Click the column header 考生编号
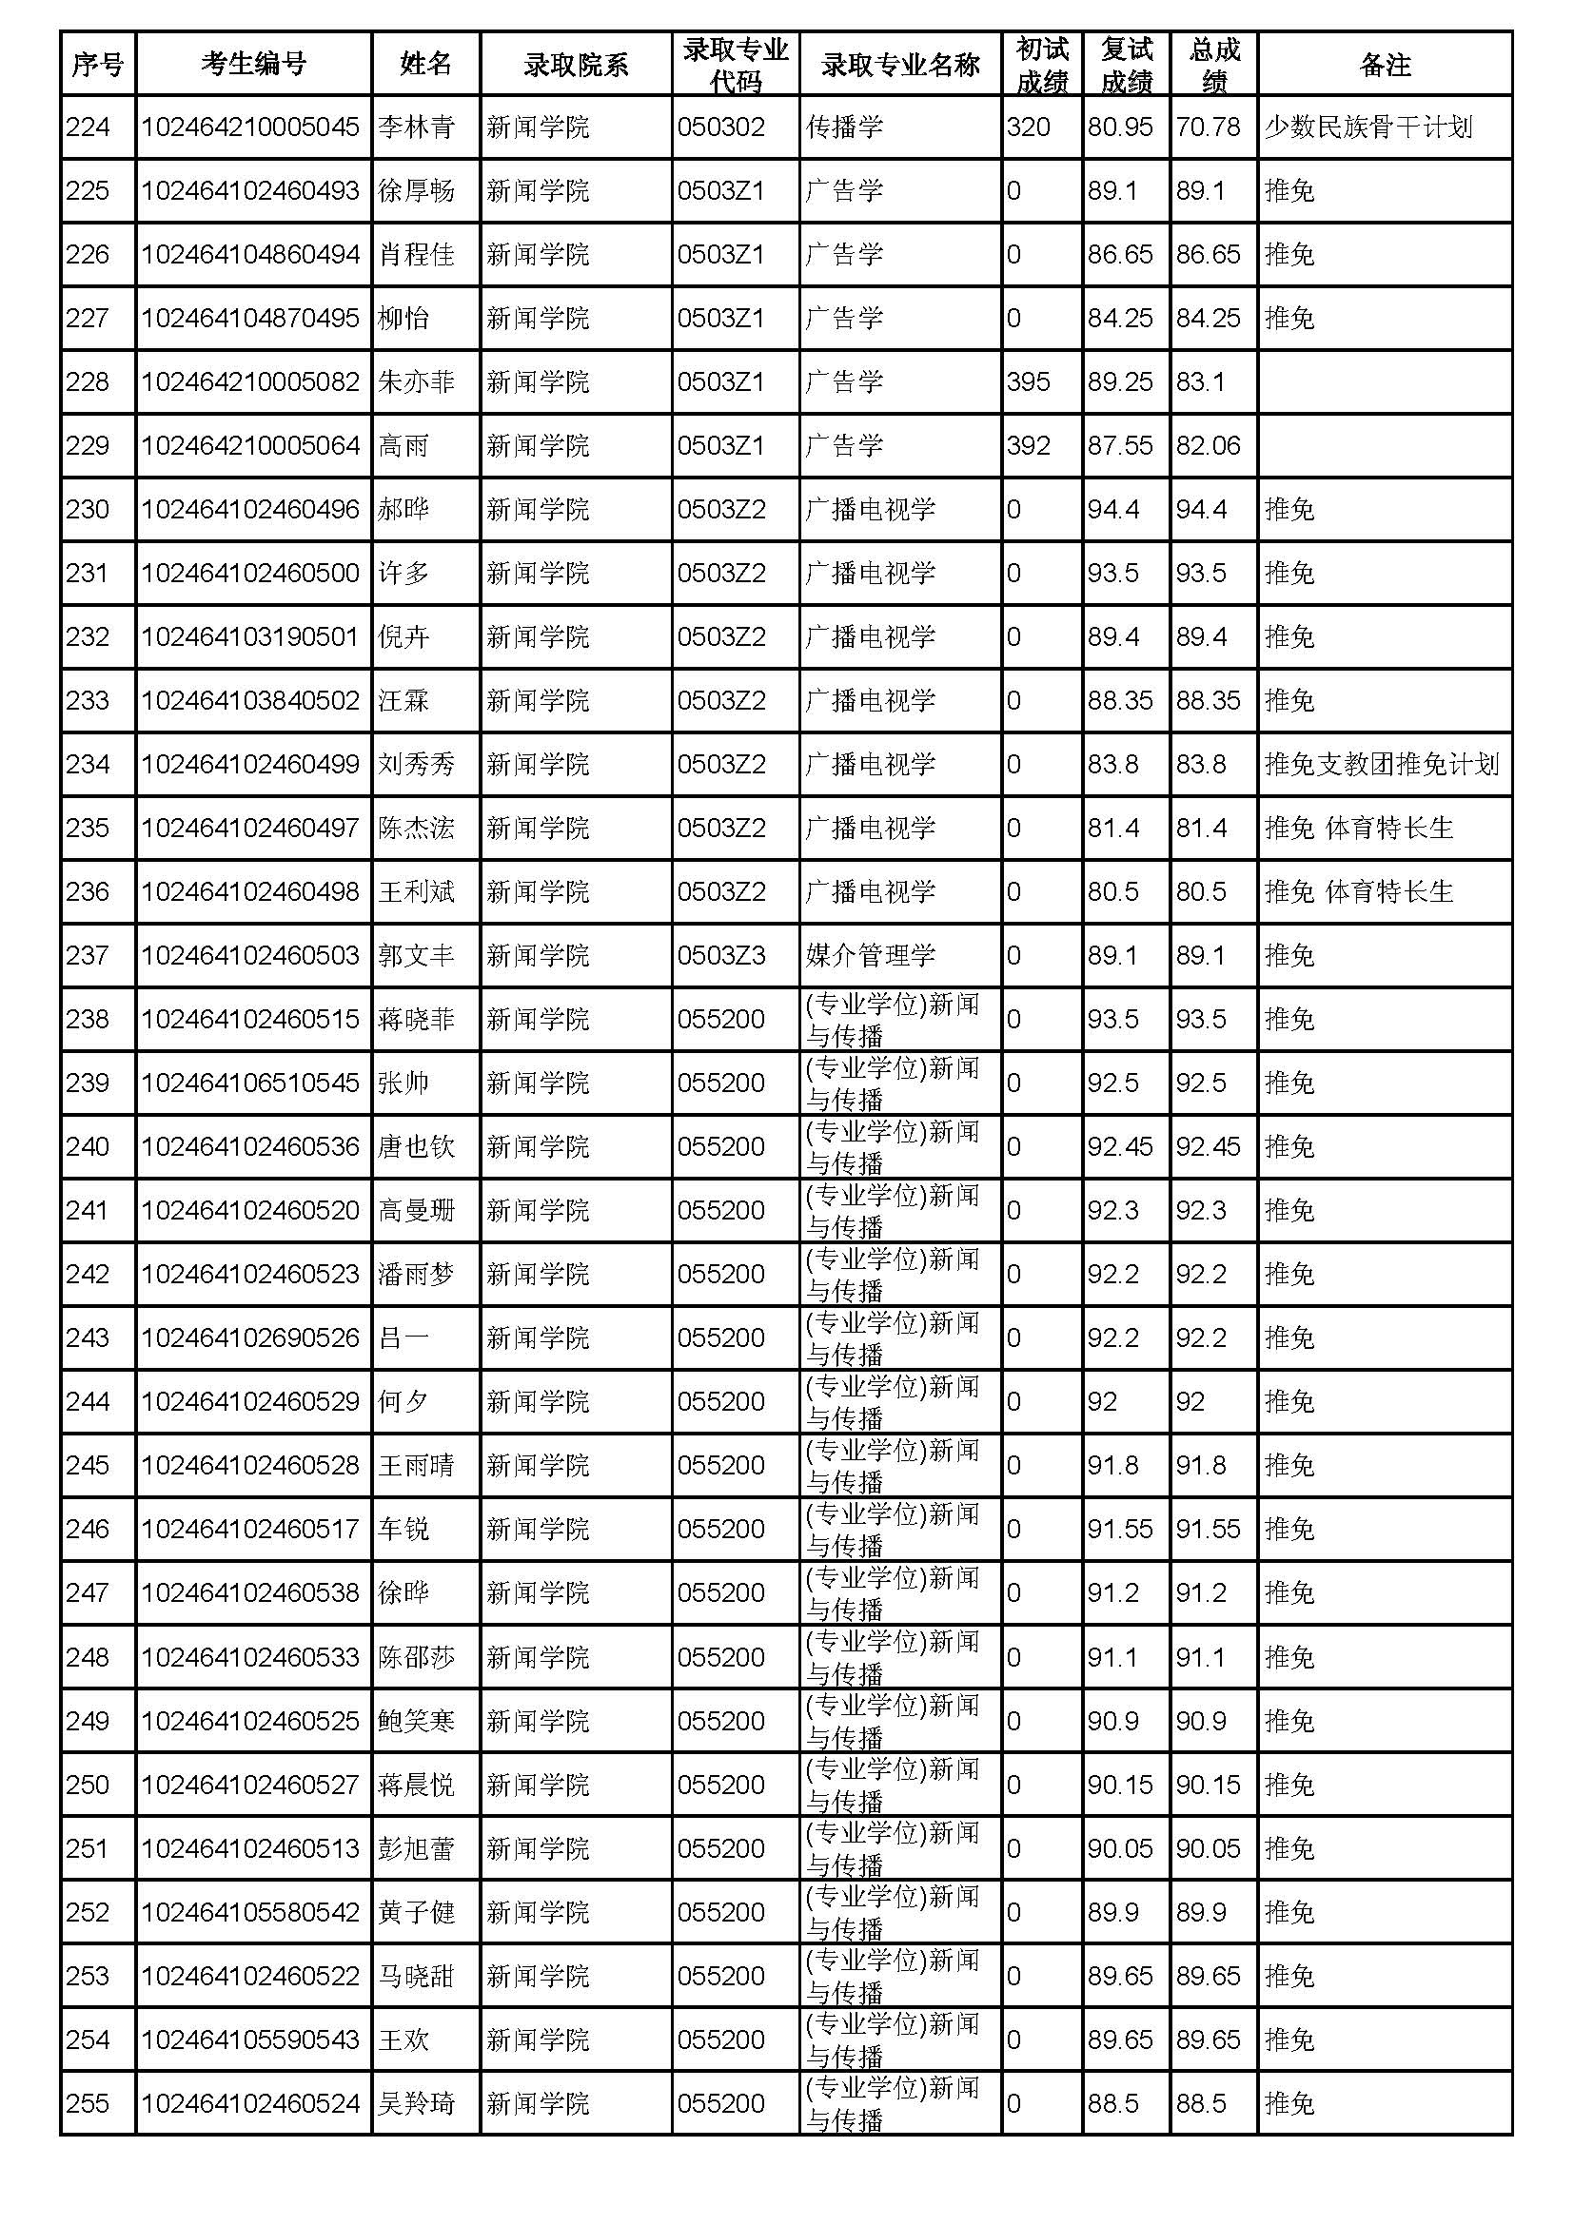pos(253,64)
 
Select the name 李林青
pos(416,127)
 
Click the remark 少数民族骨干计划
pos(1367,127)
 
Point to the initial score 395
pos(1029,381)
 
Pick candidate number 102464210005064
pos(250,446)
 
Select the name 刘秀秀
pos(416,765)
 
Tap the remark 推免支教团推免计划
pos(1381,765)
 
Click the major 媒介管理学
pos(870,955)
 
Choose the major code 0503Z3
pos(721,955)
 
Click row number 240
pos(88,1146)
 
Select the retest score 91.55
pos(1119,1529)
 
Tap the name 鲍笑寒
pos(416,1720)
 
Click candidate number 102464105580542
pos(250,1911)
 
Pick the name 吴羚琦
pos(416,2103)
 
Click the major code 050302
pos(721,127)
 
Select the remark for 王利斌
pos(1359,891)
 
